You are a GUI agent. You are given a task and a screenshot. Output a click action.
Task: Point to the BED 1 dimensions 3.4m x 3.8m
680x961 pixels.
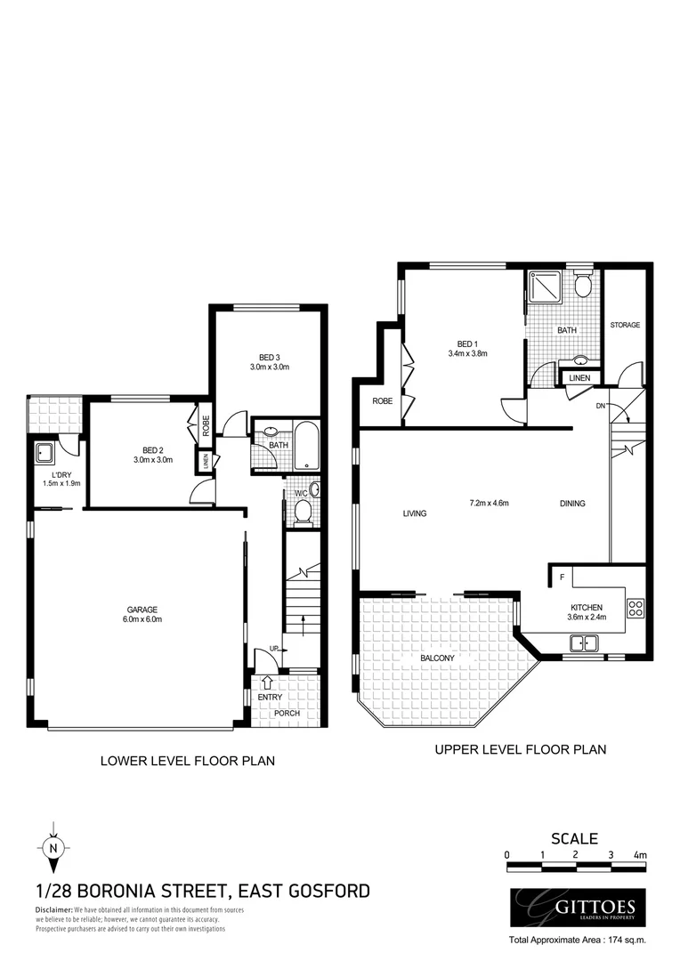tap(467, 354)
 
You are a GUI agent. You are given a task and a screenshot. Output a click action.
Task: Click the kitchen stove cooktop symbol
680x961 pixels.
tap(635, 610)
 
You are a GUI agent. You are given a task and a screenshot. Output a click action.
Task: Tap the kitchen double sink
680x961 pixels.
tap(585, 642)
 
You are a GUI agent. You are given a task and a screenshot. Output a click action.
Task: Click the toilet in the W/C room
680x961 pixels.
tap(303, 510)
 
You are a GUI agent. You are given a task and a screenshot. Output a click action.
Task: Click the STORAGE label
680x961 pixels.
tap(624, 326)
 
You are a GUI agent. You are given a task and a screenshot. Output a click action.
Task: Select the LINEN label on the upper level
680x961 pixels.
tap(579, 379)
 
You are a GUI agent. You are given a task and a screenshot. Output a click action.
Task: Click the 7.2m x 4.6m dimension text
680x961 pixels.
tap(489, 503)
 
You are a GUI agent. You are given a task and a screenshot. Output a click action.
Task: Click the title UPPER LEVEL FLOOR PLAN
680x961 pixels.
tap(520, 749)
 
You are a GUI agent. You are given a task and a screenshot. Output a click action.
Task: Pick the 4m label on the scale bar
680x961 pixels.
tap(639, 855)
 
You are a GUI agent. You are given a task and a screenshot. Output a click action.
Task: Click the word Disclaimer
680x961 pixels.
tap(53, 910)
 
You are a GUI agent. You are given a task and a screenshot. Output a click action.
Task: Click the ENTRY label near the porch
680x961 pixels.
tap(270, 697)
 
